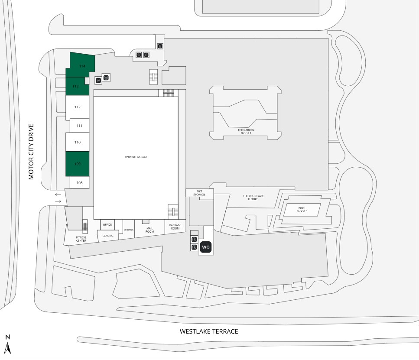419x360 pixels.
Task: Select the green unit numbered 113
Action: pyautogui.click(x=77, y=86)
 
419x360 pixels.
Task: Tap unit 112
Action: pyautogui.click(x=78, y=107)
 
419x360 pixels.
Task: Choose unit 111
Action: pyautogui.click(x=79, y=126)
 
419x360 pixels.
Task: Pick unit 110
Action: pyautogui.click(x=78, y=142)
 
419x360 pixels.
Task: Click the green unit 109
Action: pyautogui.click(x=78, y=164)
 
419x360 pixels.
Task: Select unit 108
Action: pyautogui.click(x=79, y=183)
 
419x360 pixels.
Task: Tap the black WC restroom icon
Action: pyautogui.click(x=206, y=247)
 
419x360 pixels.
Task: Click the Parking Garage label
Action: pyautogui.click(x=136, y=157)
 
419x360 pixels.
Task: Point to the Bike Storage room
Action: pyautogui.click(x=200, y=193)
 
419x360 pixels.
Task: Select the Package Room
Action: pyautogui.click(x=175, y=227)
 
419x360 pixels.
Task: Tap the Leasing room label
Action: pyautogui.click(x=108, y=236)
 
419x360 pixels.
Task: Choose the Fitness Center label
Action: pyautogui.click(x=81, y=239)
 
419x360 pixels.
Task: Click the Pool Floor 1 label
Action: pyautogui.click(x=302, y=210)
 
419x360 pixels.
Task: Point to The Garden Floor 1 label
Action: pyautogui.click(x=246, y=132)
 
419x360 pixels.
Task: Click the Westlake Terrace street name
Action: pyautogui.click(x=209, y=331)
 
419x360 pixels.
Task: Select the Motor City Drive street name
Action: pyautogui.click(x=31, y=152)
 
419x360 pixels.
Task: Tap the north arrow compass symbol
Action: pyautogui.click(x=7, y=344)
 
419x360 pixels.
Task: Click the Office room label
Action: pyautogui.click(x=107, y=224)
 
